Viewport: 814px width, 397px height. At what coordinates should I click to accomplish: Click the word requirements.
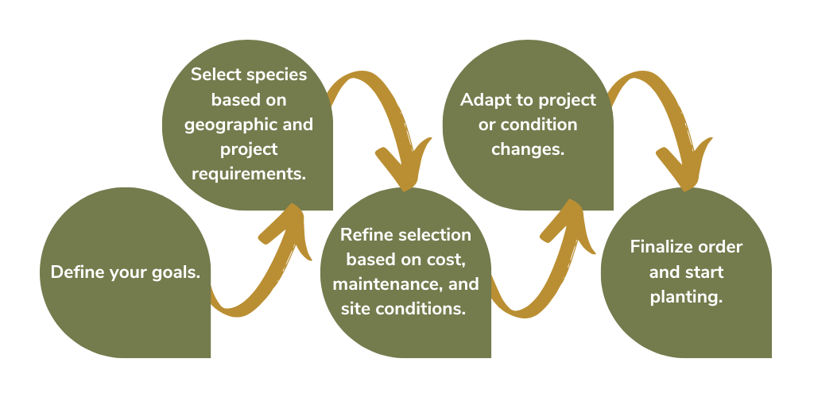[x=249, y=174]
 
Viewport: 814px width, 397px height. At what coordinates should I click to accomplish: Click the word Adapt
[x=483, y=100]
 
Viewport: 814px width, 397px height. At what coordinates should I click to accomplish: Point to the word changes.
[x=528, y=150]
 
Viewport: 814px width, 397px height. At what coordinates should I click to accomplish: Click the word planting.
[x=686, y=298]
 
